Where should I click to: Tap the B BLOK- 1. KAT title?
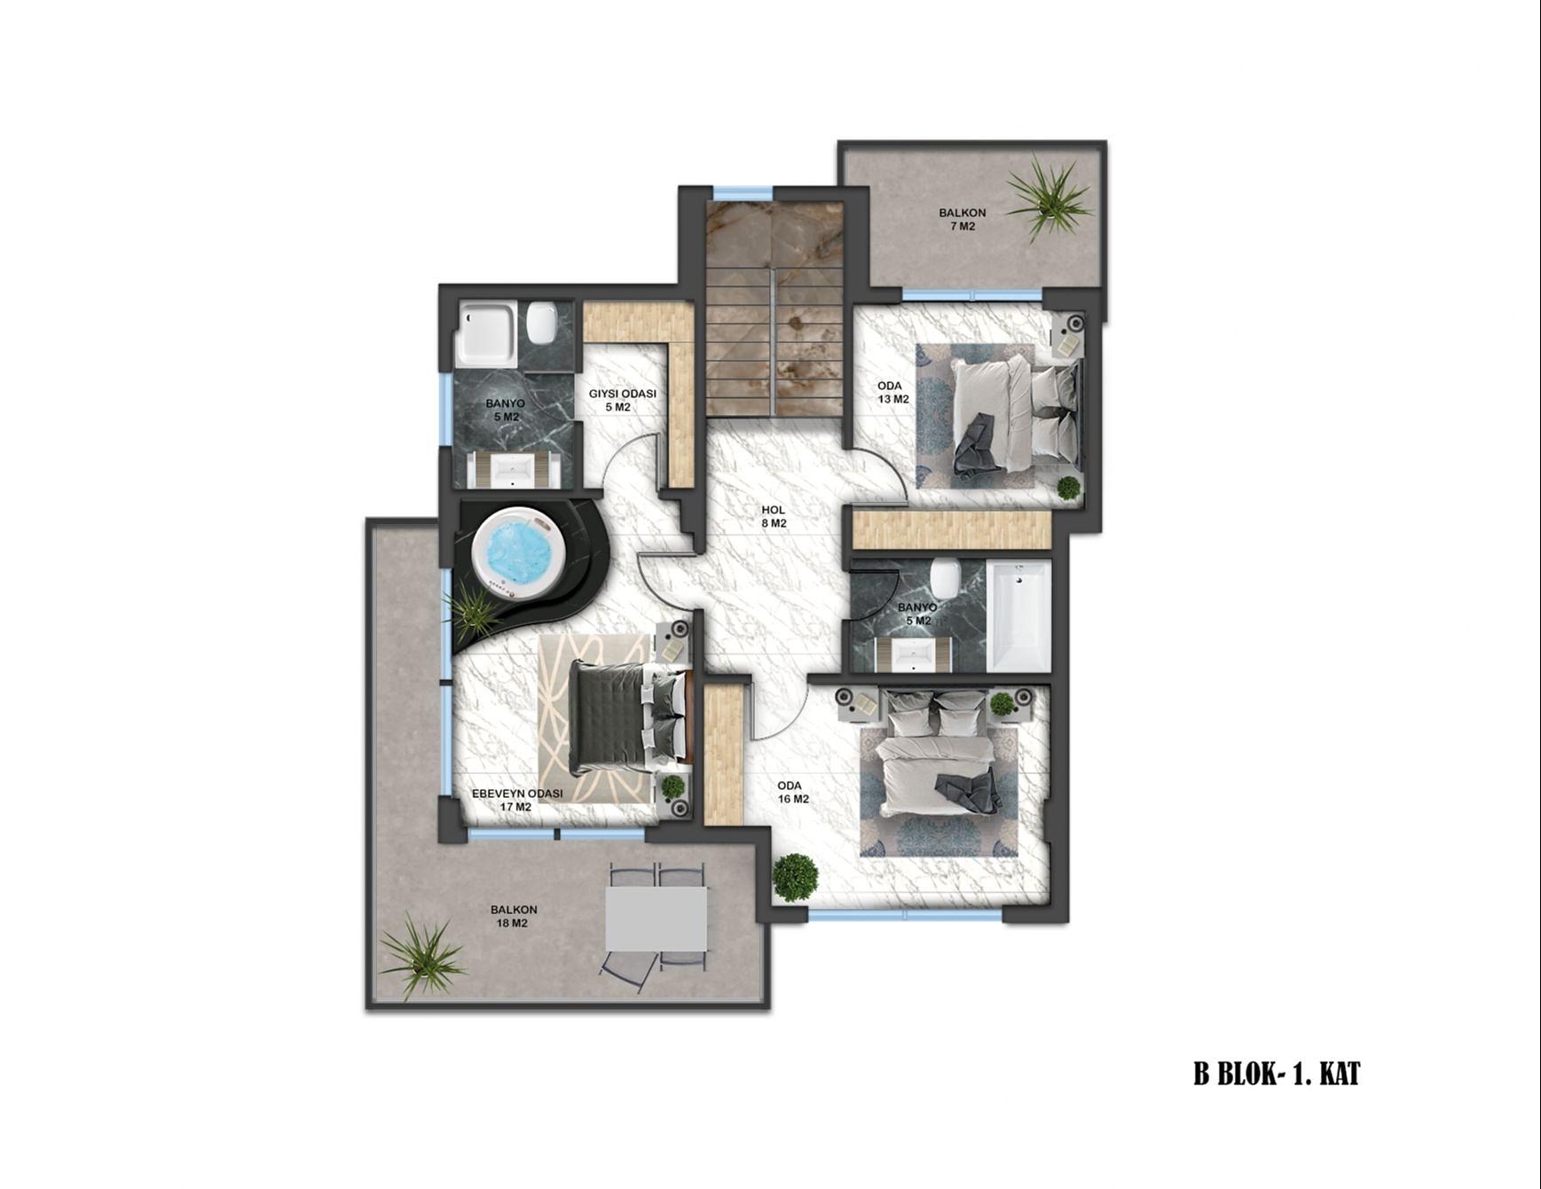coord(1276,1075)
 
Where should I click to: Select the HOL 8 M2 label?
coord(774,516)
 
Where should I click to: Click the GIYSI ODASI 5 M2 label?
coord(622,400)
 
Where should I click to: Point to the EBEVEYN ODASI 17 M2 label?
coord(516,800)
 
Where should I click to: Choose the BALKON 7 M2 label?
coord(963,219)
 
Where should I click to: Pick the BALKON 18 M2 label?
coord(514,916)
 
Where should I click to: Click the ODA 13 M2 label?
coord(893,392)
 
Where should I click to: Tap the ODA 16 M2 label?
coord(793,792)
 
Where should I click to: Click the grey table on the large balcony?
coord(656,919)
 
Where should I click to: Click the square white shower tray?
coord(485,334)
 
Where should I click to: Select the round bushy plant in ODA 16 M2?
coord(795,878)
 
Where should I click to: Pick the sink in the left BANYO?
coord(515,469)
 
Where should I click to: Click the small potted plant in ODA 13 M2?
coord(1068,488)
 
